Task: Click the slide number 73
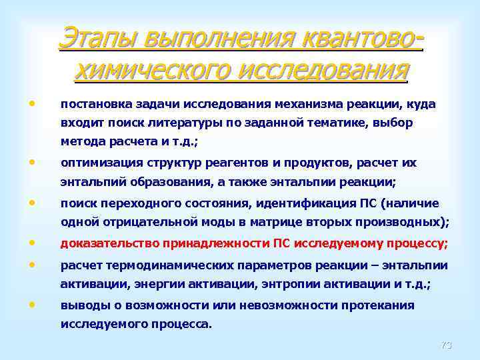click(x=446, y=345)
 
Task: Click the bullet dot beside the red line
click(x=32, y=243)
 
